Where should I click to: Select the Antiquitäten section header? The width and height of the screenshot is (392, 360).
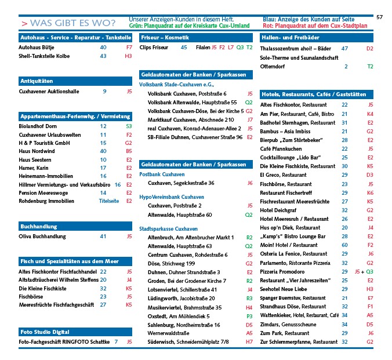(37, 81)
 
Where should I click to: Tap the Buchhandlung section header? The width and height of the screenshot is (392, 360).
(38, 226)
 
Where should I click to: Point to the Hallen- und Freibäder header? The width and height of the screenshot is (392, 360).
(290, 37)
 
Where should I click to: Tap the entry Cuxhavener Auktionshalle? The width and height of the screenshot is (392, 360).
(49, 91)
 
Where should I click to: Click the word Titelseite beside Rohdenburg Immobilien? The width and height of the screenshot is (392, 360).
(109, 202)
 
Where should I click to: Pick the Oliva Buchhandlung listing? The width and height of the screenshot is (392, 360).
(42, 236)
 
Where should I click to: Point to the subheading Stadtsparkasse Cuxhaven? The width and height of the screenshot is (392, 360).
(168, 228)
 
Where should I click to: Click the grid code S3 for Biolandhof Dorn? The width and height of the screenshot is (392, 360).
(129, 126)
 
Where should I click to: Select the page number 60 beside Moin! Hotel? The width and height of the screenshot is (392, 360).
(344, 245)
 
